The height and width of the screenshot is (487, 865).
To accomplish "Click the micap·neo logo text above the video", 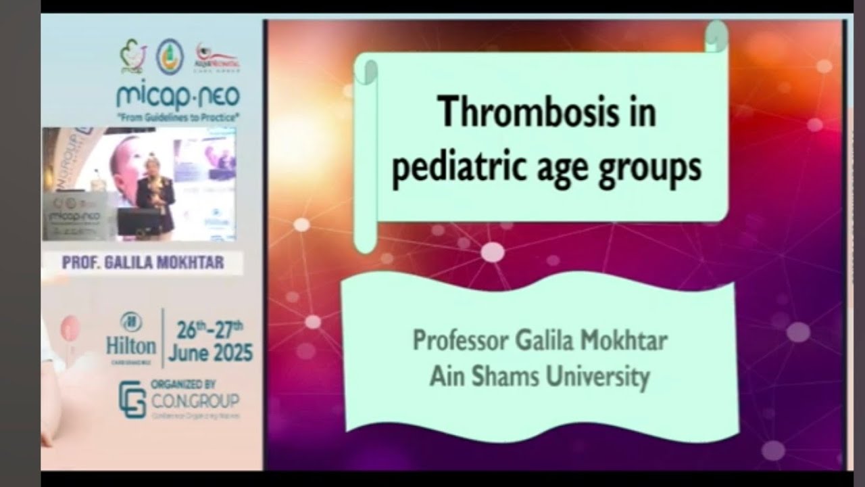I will point(178,96).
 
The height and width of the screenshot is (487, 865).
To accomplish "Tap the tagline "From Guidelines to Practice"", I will point(178,118).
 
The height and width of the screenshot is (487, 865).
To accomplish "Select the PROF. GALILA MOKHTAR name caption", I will point(143,263).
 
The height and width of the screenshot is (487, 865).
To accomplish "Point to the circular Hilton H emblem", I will point(130,322).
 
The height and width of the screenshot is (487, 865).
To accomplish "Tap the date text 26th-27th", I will point(209,330).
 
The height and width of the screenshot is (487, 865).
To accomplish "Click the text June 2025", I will point(211,352).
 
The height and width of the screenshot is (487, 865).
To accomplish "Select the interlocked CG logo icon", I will point(132,399).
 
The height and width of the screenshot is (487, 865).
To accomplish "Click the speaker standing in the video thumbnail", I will point(155,196).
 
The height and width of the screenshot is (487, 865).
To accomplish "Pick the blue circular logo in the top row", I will point(170,57).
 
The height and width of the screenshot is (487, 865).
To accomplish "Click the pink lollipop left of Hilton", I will point(70,329).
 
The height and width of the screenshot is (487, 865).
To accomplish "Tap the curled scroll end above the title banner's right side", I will point(716,36).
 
